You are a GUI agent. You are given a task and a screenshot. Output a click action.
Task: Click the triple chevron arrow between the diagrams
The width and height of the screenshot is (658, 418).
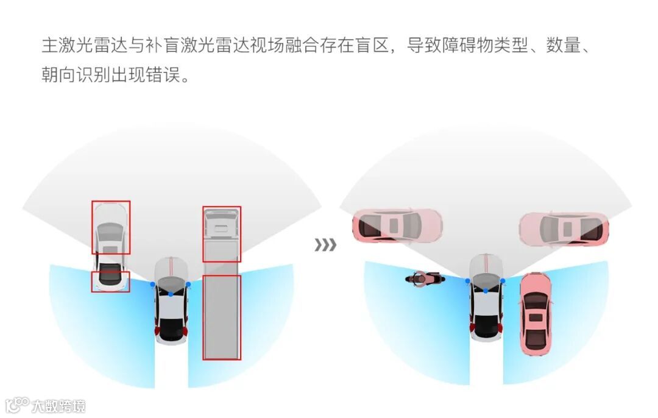coord(325,245)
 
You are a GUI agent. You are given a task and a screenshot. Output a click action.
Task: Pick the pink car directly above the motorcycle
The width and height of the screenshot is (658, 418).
coord(397,225)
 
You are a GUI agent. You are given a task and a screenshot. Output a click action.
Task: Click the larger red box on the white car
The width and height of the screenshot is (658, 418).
coord(111,227)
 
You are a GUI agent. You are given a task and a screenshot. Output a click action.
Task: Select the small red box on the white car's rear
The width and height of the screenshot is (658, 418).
coord(110,282)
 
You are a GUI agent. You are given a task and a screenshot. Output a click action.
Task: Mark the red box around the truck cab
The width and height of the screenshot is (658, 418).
coord(222,234)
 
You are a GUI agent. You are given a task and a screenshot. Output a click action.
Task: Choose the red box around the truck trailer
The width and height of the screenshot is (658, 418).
coord(222,317)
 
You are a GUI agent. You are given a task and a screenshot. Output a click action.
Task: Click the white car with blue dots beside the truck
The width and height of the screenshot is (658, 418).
coord(171,302)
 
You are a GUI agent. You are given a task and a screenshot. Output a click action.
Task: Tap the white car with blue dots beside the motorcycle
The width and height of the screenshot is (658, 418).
coord(486,299)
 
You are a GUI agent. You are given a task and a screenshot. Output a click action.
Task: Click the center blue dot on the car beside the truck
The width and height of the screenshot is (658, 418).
coord(171,294)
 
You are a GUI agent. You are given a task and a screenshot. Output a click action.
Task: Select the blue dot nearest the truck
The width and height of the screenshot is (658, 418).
coord(188,285)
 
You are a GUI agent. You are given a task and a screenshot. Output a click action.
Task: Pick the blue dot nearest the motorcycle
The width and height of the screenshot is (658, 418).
coord(468,281)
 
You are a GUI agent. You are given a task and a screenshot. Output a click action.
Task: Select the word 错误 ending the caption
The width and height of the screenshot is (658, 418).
coord(164,76)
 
